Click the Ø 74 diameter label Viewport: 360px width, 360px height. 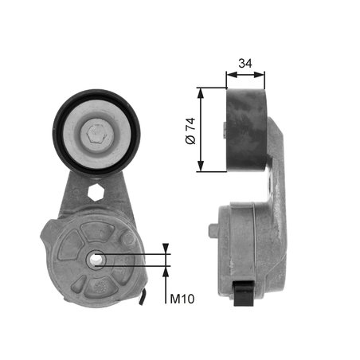189,129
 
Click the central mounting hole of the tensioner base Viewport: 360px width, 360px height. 96,257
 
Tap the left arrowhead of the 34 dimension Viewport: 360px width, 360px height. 229,76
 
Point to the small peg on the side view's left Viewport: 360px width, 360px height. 213,230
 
